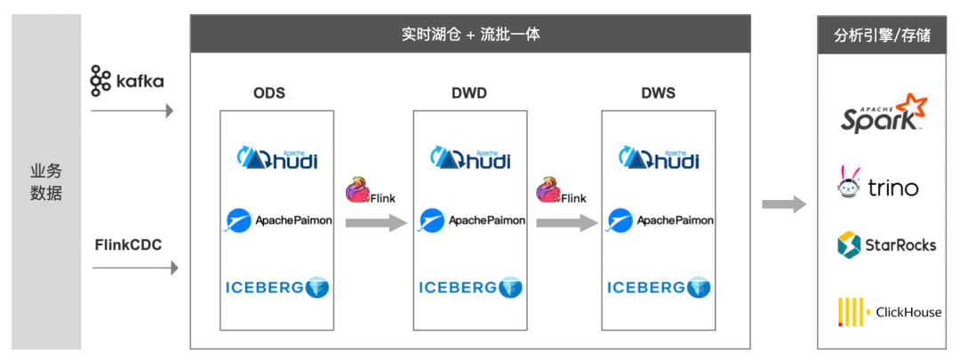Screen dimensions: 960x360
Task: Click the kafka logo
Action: pos(127,80)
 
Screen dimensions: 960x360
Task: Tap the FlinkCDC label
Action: pos(129,245)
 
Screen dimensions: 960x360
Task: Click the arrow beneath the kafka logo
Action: pos(132,111)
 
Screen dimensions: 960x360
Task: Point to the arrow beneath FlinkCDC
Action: pos(135,268)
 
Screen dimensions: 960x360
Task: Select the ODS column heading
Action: pos(269,93)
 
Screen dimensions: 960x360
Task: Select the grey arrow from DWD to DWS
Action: pos(567,223)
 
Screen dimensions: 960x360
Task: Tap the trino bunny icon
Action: pos(848,181)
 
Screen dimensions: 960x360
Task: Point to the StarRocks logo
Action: pos(886,245)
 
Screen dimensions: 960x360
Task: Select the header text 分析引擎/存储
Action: pos(883,35)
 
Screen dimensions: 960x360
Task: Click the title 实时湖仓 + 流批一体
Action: pos(471,35)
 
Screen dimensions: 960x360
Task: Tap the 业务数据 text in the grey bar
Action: pos(46,182)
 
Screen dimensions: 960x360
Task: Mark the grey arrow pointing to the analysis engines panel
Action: pos(785,204)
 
